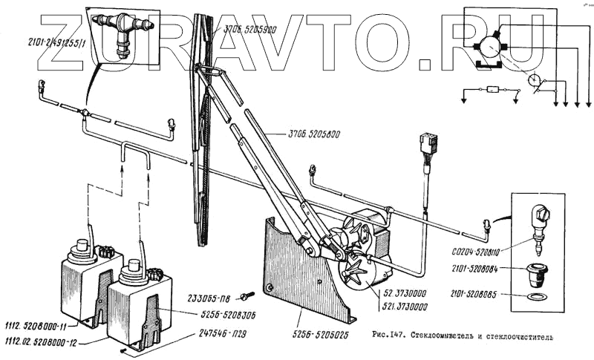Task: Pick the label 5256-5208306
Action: [x=216, y=315]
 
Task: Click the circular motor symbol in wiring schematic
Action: [x=490, y=46]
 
